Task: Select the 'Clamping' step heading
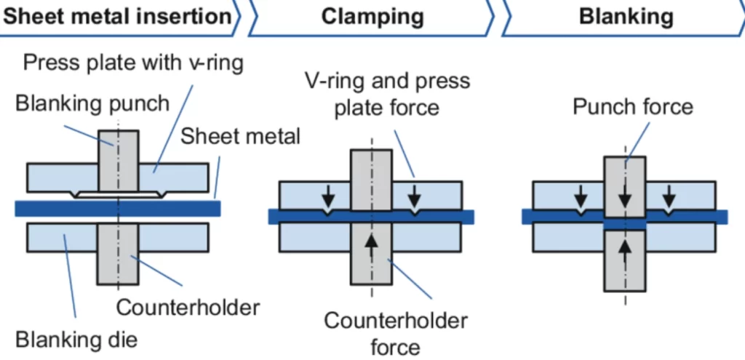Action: pos(372,17)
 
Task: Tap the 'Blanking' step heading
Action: pos(626,17)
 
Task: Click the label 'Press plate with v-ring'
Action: pos(133,62)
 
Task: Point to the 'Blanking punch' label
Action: pos(92,103)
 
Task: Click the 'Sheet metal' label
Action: pos(240,136)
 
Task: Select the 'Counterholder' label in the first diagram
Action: pos(188,307)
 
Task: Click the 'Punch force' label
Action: pos(632,108)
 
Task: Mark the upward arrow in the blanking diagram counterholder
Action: pos(625,251)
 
